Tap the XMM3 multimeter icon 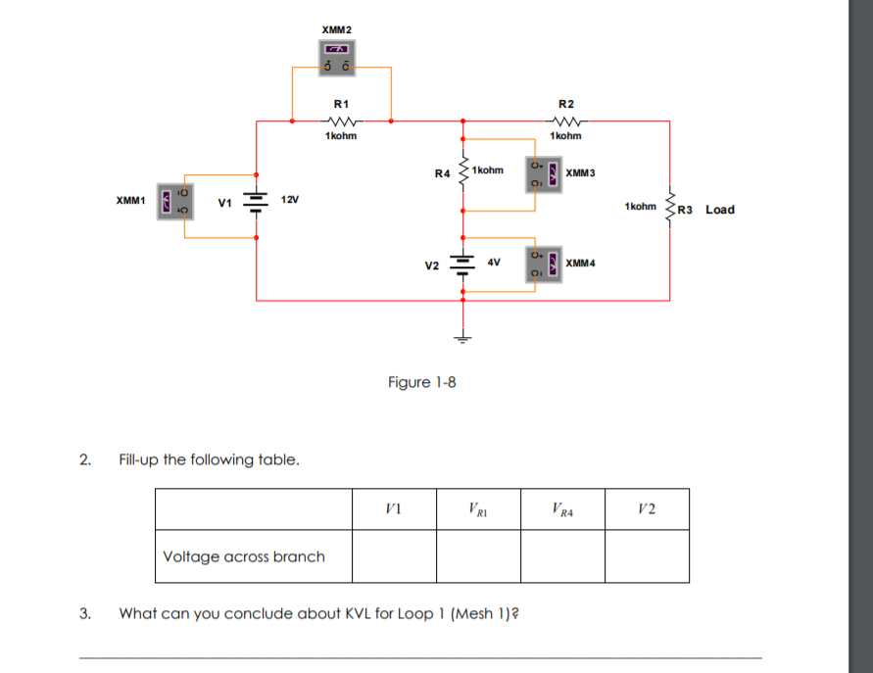[x=545, y=173]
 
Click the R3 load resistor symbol [x=670, y=208]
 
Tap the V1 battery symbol [x=256, y=202]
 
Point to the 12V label [x=289, y=199]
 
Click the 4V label [x=493, y=262]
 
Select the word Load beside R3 [x=719, y=210]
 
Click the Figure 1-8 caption [x=421, y=382]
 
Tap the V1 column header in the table [x=394, y=508]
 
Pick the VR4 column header [x=561, y=508]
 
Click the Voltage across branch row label [x=244, y=556]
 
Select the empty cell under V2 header [x=646, y=556]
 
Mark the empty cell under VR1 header [x=478, y=556]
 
